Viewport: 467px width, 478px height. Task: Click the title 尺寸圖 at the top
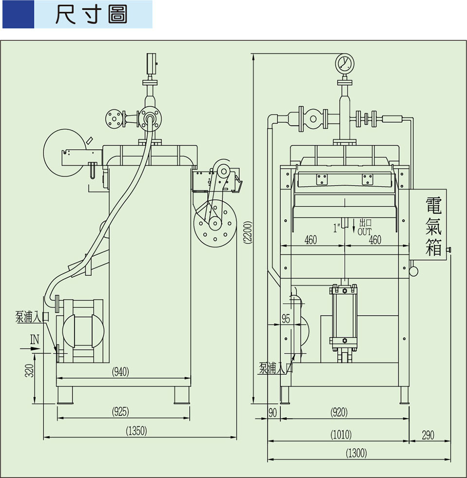coord(91,15)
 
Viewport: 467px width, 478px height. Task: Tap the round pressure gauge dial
coord(344,63)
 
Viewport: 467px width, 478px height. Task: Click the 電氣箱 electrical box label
coord(433,227)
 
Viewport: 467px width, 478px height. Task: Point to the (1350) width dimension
coord(136,430)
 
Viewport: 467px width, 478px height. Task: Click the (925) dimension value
coord(120,412)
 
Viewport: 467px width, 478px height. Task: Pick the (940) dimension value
coord(120,372)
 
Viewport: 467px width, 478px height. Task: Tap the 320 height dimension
coord(30,372)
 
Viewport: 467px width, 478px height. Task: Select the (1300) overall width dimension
coord(356,453)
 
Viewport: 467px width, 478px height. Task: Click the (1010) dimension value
coord(341,434)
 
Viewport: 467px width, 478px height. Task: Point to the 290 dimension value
coord(428,434)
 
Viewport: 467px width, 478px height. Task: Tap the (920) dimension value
coord(339,412)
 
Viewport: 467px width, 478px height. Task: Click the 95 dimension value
coord(286,319)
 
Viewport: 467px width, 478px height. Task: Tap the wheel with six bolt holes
coord(214,224)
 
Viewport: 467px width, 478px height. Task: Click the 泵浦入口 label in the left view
coord(32,317)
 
